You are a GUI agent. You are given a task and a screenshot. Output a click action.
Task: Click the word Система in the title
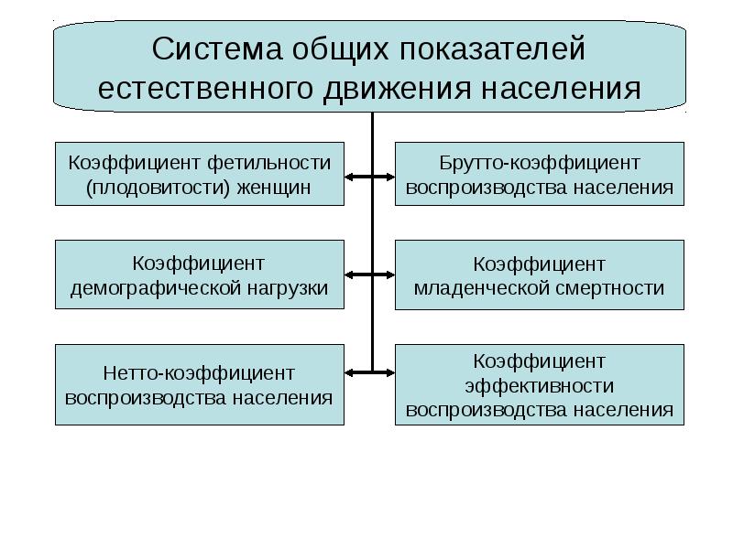[x=217, y=48]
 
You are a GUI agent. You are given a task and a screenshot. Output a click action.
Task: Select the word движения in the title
[x=397, y=89]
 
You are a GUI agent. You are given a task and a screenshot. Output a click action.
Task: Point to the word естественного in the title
[x=205, y=89]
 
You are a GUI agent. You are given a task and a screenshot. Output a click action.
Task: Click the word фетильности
[x=269, y=163]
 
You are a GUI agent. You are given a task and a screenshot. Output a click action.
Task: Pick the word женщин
[x=274, y=188]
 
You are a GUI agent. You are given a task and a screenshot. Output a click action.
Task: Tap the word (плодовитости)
[x=158, y=188]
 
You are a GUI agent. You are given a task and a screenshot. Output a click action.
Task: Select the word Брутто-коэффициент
[x=540, y=163]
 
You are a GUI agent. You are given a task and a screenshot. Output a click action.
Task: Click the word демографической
[x=156, y=288]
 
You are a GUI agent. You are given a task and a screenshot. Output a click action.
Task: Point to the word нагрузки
[x=288, y=288]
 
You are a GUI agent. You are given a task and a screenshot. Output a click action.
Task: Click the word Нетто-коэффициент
[x=199, y=373]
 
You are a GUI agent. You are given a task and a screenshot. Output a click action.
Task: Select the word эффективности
[x=540, y=386]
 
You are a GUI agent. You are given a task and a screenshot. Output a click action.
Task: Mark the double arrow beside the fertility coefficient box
[x=370, y=177]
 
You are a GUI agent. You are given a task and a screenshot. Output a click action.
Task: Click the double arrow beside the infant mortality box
[x=370, y=275]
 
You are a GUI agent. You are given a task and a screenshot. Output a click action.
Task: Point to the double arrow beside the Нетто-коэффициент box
[x=370, y=372]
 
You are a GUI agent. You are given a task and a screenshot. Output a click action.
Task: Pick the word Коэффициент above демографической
[x=199, y=264]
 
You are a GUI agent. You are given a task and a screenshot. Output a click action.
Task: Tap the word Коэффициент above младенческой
[x=540, y=264]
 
